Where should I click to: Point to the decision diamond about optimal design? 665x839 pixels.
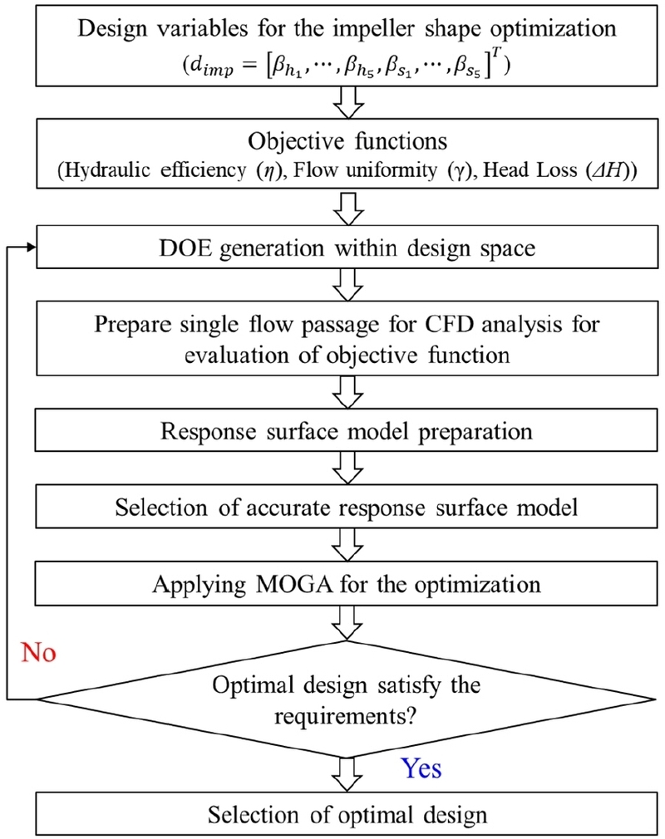pos(347,699)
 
